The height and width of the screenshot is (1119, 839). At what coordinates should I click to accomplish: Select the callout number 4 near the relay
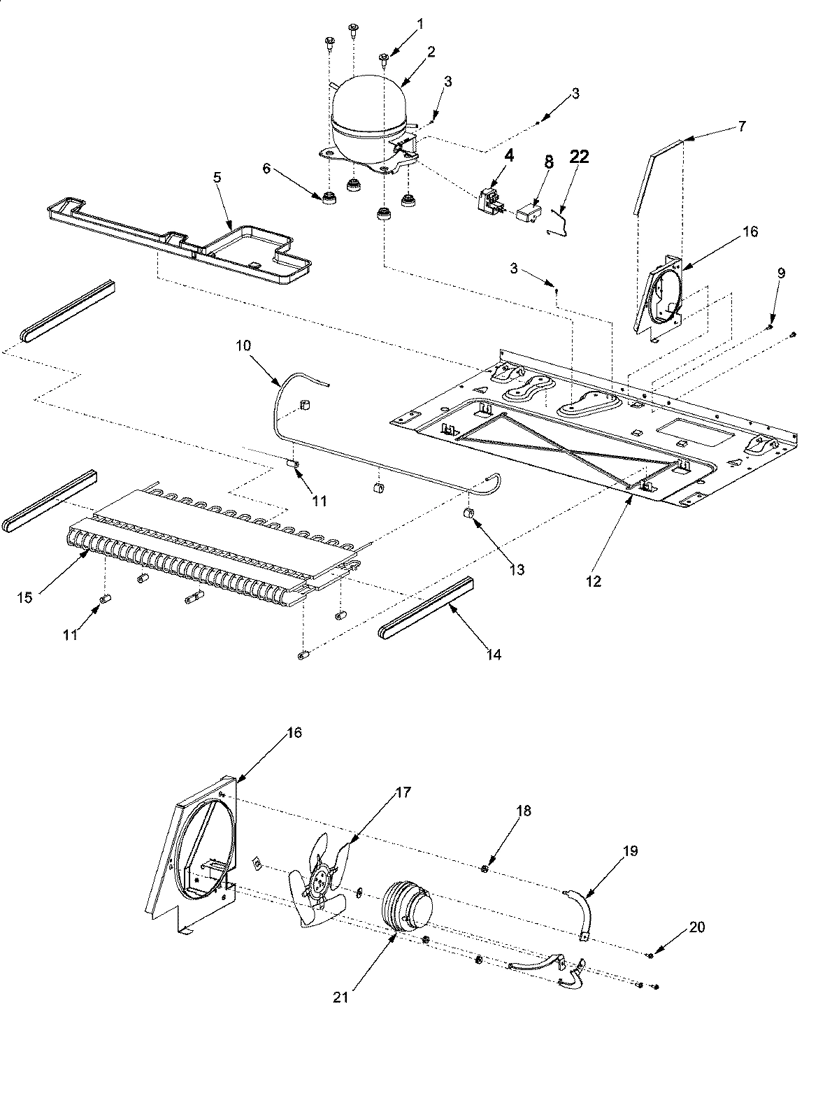(509, 157)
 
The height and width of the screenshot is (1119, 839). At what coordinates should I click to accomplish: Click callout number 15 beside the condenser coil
(25, 597)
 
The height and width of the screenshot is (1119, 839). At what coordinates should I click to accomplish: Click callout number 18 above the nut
(524, 811)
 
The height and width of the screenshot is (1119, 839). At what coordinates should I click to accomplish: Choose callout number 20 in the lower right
(697, 927)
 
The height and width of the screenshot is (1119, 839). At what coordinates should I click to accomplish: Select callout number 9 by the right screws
(781, 273)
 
